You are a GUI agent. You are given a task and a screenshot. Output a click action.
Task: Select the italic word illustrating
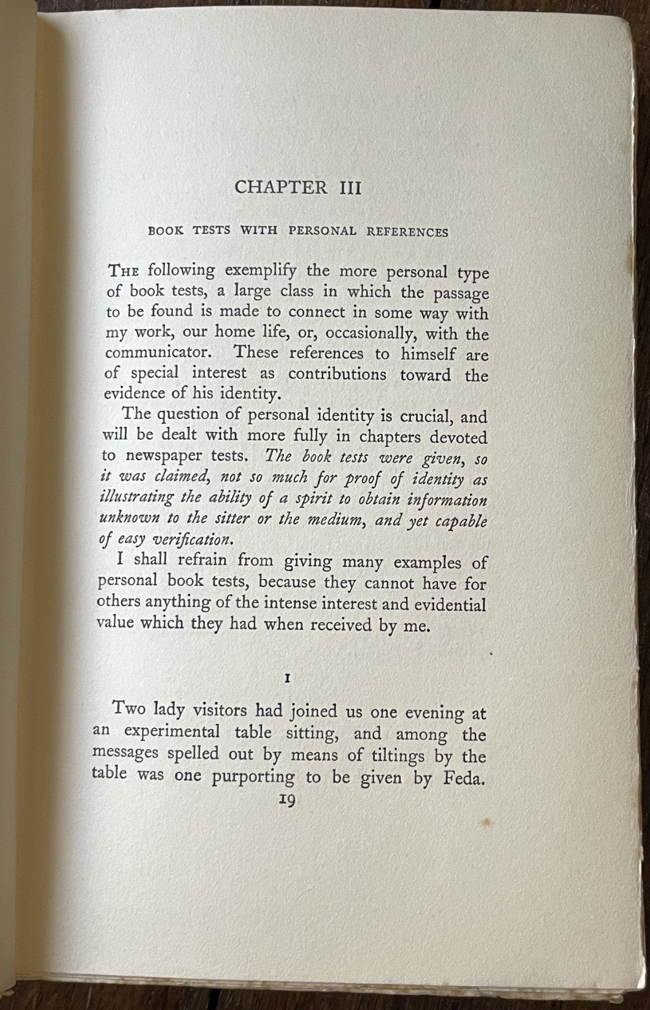[x=137, y=498]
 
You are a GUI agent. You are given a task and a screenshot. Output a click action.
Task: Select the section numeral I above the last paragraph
[x=287, y=679]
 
